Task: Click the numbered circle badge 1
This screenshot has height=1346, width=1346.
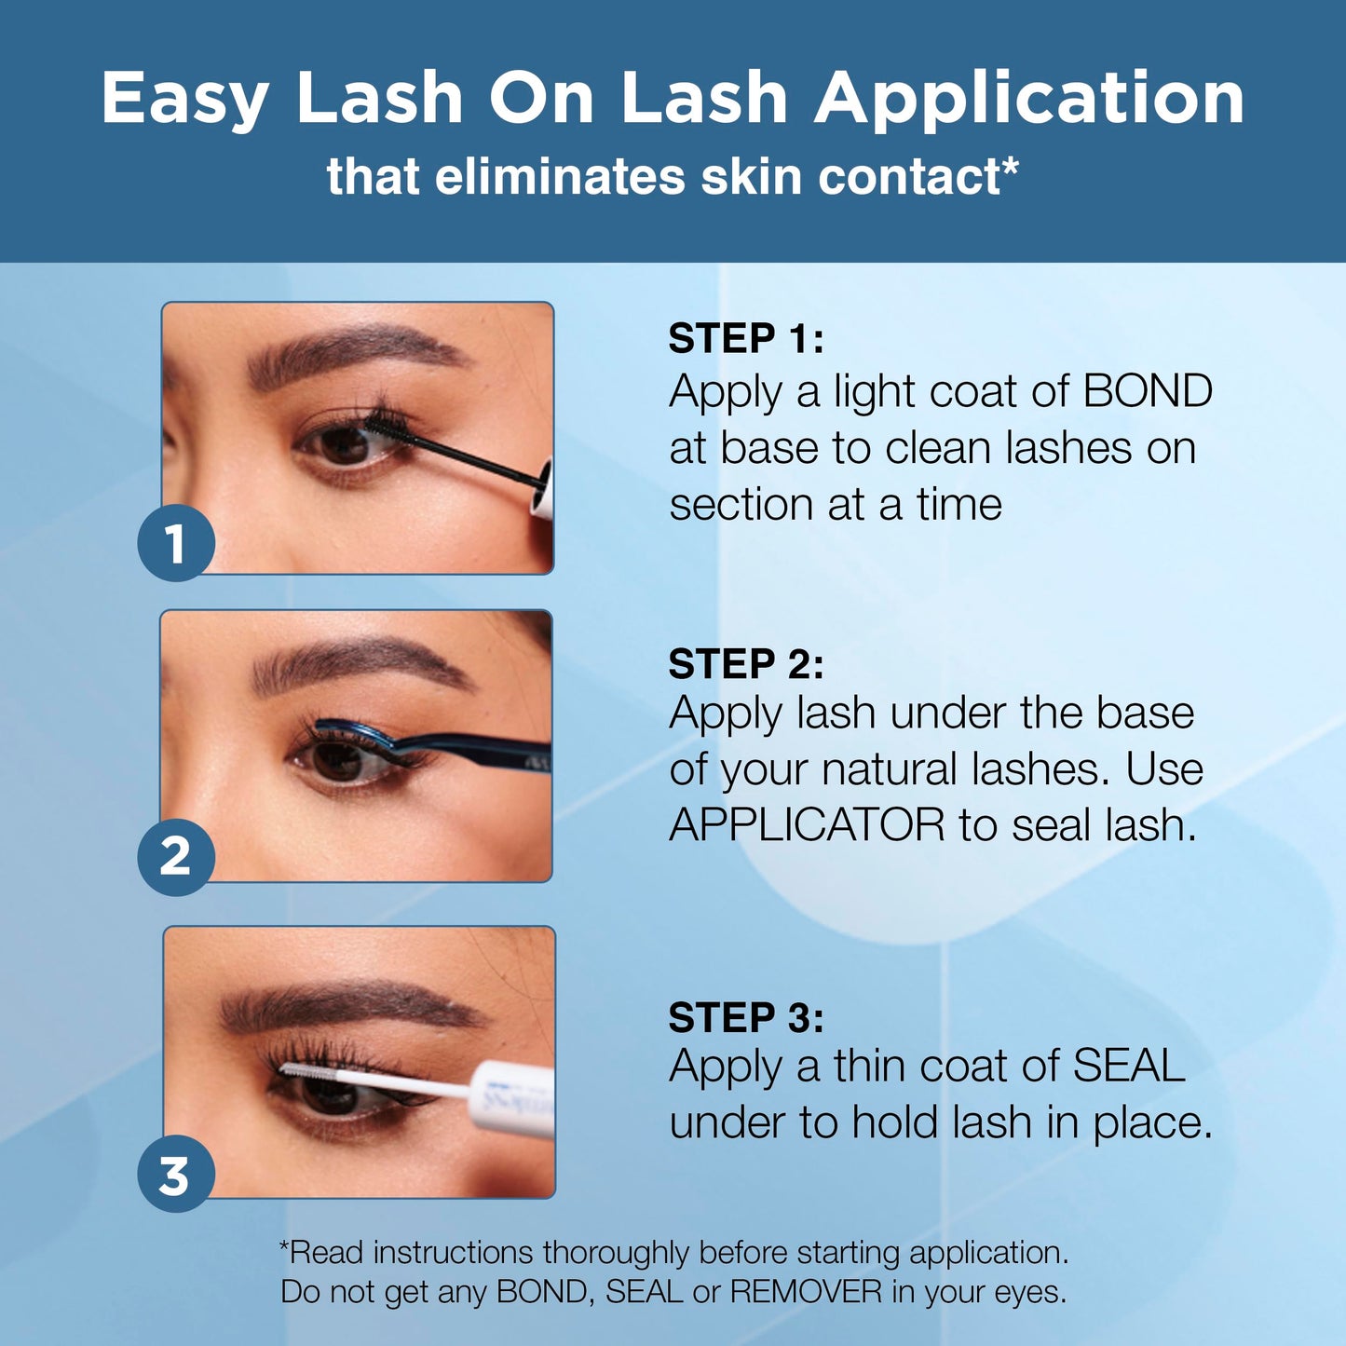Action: [x=176, y=543]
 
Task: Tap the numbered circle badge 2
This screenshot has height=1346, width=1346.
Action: [x=176, y=857]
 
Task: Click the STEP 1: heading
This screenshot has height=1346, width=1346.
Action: [x=746, y=338]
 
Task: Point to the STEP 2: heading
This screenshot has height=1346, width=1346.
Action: [x=746, y=663]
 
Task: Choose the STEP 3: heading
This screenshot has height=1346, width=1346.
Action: [x=746, y=1017]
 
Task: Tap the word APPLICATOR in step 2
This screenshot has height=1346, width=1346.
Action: [x=807, y=825]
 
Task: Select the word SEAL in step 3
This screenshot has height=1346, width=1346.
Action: [x=1129, y=1066]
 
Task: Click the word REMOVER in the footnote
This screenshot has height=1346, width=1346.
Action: [x=806, y=1292]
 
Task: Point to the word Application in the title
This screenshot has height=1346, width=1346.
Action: [x=1029, y=98]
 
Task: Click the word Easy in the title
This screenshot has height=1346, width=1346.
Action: [x=185, y=98]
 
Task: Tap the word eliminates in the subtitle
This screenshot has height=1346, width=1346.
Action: [x=560, y=176]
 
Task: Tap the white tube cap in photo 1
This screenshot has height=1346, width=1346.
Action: [x=543, y=489]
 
